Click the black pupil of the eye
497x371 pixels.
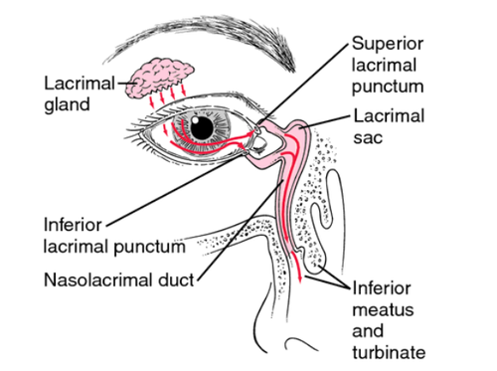coord(202,127)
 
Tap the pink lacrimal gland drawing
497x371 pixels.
coord(160,79)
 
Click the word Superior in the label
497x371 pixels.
coord(388,44)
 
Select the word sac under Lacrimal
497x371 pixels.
coord(368,138)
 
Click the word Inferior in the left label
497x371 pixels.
coord(73,225)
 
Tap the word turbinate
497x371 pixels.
coord(389,352)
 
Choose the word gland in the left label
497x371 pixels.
coord(67,105)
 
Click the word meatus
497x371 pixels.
coord(383,310)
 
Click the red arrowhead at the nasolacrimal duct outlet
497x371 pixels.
coord(300,279)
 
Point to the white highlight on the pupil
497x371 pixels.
coord(196,118)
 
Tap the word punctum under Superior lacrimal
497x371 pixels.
coord(388,88)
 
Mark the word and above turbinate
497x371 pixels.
coord(368,331)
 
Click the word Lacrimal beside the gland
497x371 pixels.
coord(80,84)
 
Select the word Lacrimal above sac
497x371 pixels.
coord(389,116)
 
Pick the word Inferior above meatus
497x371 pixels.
coord(382,288)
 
